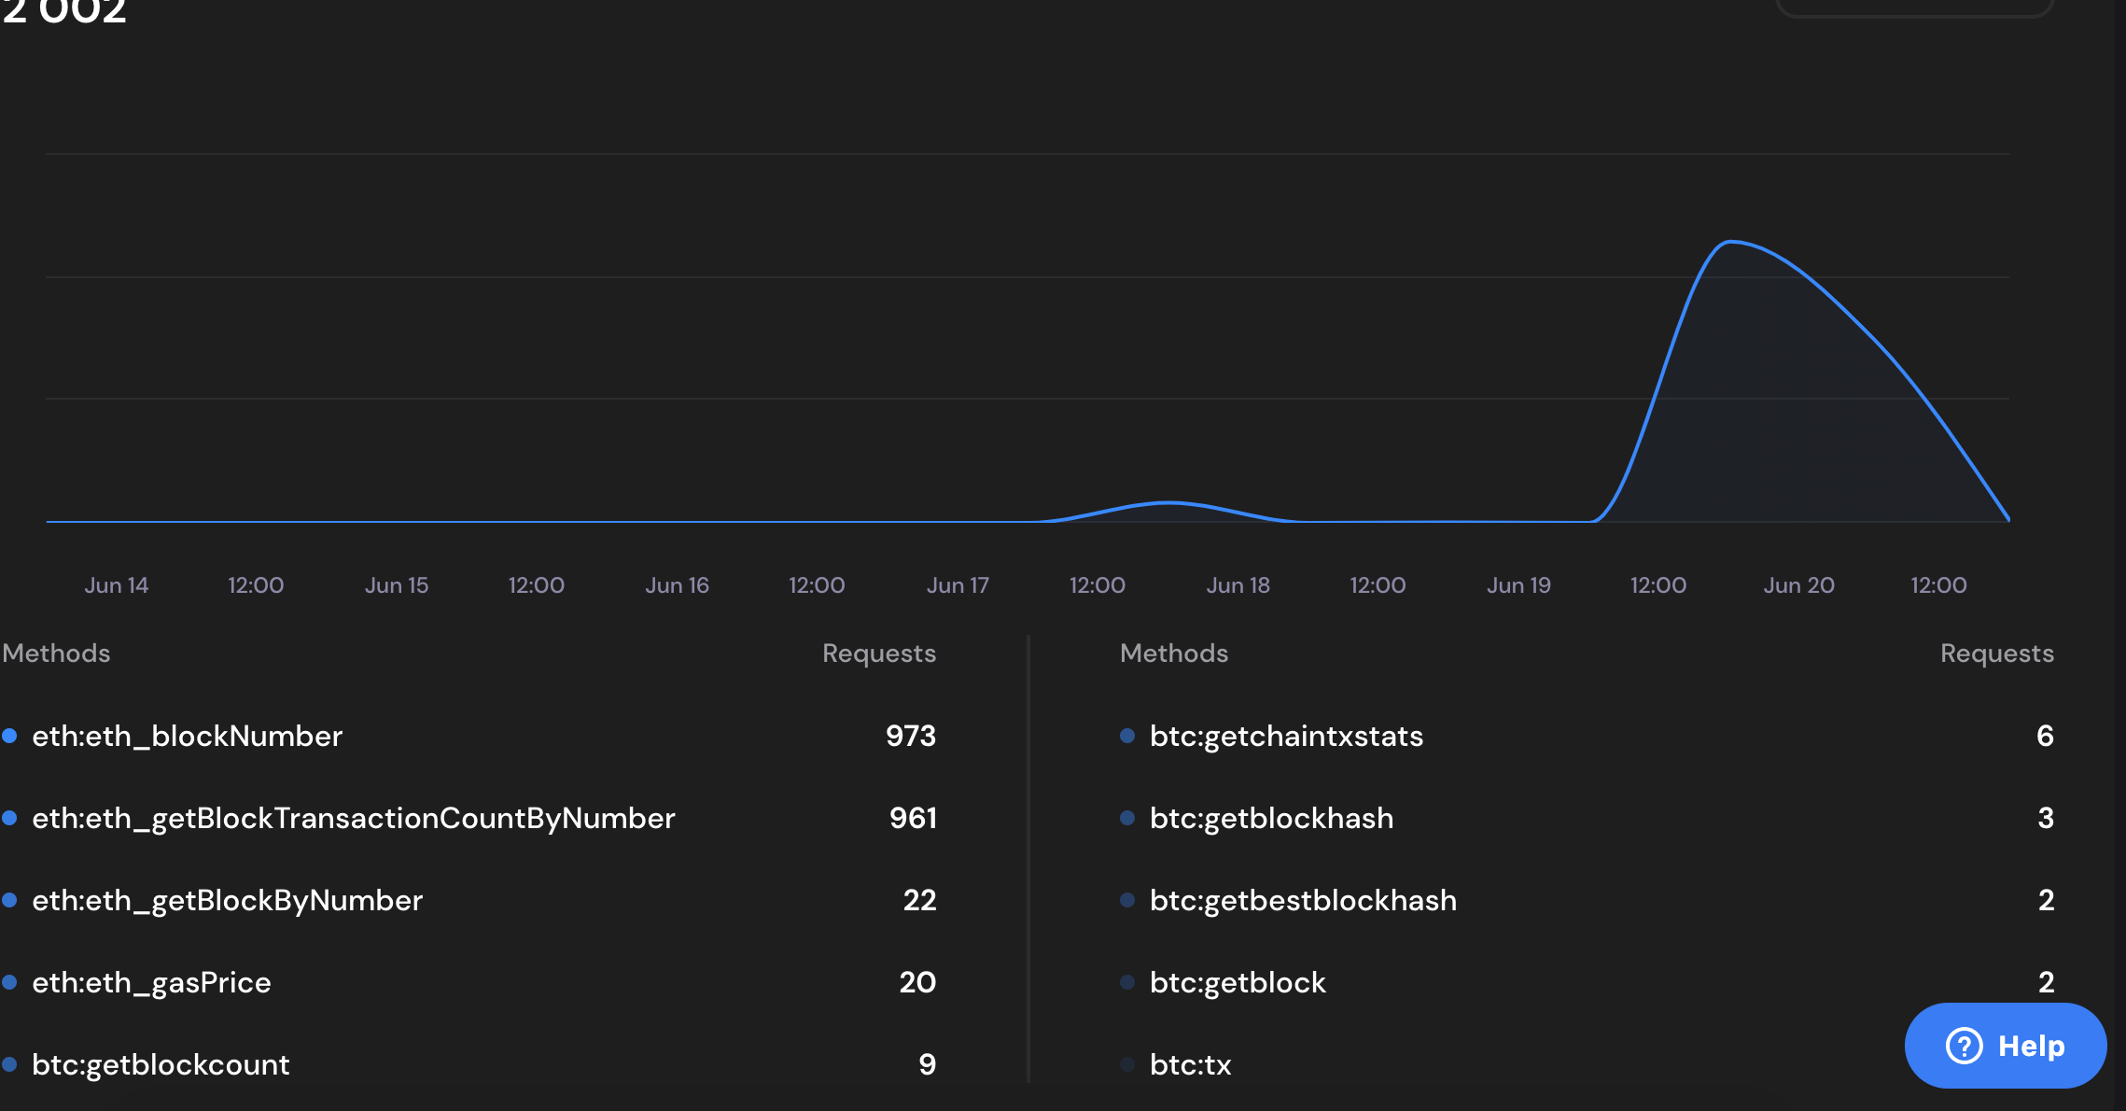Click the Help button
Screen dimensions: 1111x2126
2005,1046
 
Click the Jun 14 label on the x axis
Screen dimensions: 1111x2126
117,585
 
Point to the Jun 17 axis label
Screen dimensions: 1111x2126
958,585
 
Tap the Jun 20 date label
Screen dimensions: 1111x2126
1798,585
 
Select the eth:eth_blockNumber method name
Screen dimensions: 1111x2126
187,737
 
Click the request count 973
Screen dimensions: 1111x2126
911,737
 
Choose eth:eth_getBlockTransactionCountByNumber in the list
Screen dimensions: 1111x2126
353,819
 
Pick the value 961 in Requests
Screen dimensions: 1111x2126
913,819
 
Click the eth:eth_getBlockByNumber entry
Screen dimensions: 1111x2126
227,901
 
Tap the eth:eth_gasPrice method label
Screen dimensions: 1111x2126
151,983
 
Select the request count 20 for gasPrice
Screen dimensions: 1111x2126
917,983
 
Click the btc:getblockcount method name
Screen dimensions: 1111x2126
161,1065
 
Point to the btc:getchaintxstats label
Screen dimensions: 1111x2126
1286,737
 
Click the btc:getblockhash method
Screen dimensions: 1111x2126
1271,819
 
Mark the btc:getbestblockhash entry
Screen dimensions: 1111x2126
1303,901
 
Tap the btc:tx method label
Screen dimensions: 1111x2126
1190,1065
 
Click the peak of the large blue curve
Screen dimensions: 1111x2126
1731,242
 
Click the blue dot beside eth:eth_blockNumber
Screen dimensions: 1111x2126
9,736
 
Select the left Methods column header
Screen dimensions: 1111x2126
56,654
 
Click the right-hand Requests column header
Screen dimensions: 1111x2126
1996,654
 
